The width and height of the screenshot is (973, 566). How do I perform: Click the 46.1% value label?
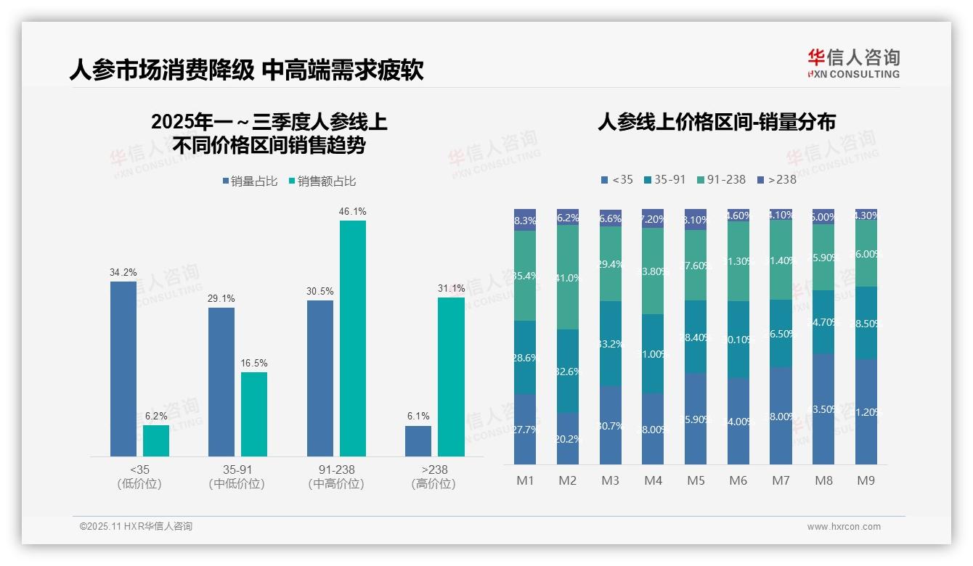pyautogui.click(x=352, y=212)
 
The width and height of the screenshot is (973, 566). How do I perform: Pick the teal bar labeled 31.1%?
pyautogui.click(x=451, y=377)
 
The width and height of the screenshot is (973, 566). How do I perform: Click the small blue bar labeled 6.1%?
pyautogui.click(x=418, y=441)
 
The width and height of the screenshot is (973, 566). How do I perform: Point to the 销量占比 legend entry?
pyautogui.click(x=250, y=181)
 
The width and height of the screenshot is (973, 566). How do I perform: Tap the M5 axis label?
pyautogui.click(x=696, y=480)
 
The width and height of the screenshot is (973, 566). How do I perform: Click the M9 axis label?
pyautogui.click(x=866, y=480)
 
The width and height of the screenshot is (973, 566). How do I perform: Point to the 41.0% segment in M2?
pyautogui.click(x=568, y=277)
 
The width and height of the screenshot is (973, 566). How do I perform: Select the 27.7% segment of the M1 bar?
pyautogui.click(x=525, y=429)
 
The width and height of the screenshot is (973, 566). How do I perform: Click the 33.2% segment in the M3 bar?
pyautogui.click(x=611, y=343)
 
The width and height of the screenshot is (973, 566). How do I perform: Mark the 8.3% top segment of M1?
pyautogui.click(x=525, y=221)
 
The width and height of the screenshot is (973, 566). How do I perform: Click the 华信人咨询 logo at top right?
pyautogui.click(x=853, y=63)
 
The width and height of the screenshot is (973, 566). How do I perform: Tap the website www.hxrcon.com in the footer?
pyautogui.click(x=844, y=527)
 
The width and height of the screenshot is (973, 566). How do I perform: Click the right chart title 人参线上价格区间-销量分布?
pyautogui.click(x=716, y=122)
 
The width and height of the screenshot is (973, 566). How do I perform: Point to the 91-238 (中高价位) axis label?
pyautogui.click(x=335, y=477)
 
